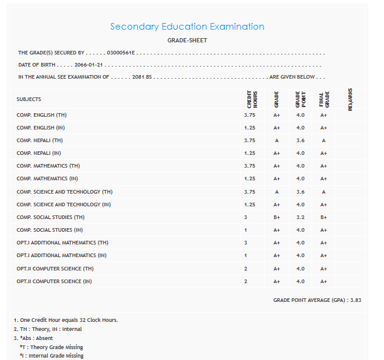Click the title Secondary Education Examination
187,27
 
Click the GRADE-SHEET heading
187,41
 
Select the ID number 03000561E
122,53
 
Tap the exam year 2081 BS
142,77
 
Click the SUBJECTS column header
29,99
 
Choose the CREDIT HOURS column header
252,99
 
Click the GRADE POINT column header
300,99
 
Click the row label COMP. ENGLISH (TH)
42,115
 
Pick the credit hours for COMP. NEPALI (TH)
250,140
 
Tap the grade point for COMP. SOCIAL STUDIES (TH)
301,217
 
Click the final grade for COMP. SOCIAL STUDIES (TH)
324,217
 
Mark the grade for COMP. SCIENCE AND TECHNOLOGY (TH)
276,192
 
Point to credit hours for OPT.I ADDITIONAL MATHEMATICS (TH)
246,243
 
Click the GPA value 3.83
355,300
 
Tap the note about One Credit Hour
65,320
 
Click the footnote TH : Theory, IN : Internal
47,329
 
